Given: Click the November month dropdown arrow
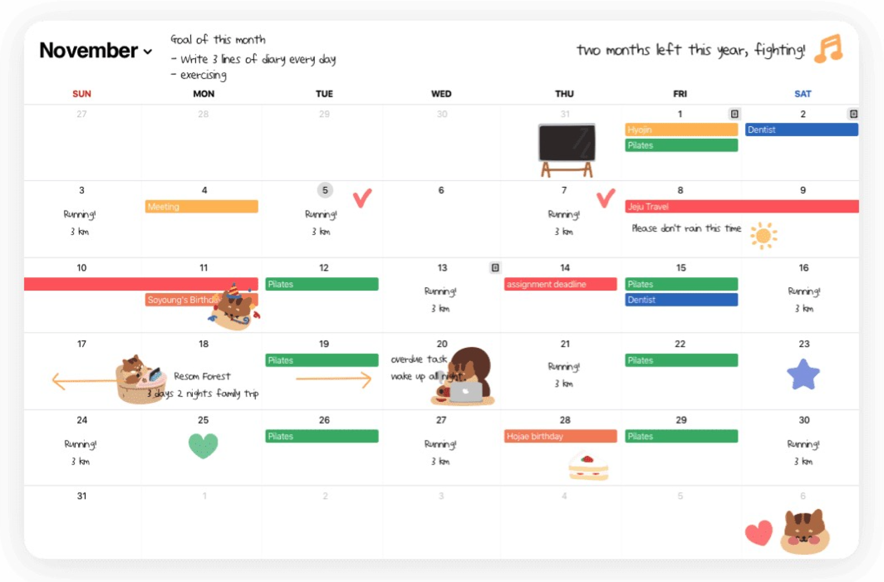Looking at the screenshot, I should tap(148, 51).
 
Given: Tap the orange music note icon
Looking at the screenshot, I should tap(828, 49).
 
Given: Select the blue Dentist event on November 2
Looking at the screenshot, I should tap(801, 130).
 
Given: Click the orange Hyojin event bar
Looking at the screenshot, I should tap(681, 130).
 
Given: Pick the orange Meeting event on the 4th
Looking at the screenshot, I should tap(201, 207).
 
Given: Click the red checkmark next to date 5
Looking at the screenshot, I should tap(362, 198).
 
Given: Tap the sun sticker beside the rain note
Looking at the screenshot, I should tap(763, 236).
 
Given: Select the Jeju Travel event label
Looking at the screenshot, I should tap(649, 207).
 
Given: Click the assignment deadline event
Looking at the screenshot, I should tap(560, 284).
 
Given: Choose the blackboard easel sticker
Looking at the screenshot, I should tap(567, 149).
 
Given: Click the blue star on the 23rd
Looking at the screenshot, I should tap(803, 375).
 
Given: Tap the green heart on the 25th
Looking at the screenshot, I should tap(203, 445).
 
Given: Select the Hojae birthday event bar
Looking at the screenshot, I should tap(560, 436).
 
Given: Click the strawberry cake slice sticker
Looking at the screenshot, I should tap(588, 467).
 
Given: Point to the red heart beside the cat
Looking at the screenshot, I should tap(758, 533).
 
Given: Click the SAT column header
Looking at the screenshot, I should tap(802, 94).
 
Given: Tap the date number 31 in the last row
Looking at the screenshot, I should tap(82, 496).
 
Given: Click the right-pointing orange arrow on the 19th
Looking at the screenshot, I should tap(334, 379).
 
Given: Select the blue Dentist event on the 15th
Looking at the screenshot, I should tap(681, 300).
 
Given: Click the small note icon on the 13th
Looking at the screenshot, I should tap(495, 268).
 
